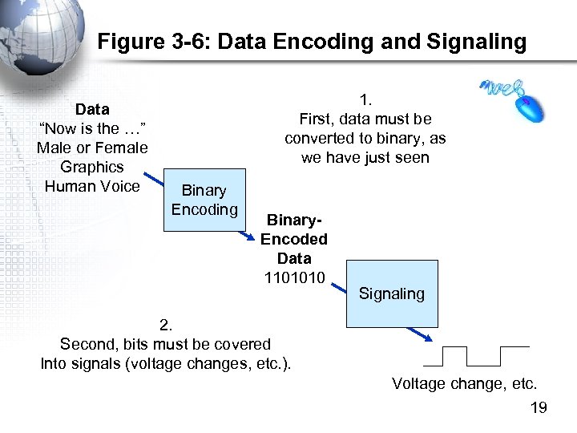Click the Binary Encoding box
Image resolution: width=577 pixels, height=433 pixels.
pos(204,200)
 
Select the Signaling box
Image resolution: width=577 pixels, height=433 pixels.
pos(392,293)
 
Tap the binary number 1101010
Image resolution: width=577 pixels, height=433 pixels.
pos(294,277)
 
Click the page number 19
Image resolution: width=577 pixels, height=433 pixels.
pos(539,409)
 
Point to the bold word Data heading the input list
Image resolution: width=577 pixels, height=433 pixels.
pos(92,109)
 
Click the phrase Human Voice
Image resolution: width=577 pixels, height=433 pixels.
pos(92,186)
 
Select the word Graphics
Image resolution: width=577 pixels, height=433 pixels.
pos(92,167)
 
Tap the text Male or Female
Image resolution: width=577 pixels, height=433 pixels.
pos(92,148)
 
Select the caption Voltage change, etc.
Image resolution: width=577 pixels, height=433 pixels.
pos(464,383)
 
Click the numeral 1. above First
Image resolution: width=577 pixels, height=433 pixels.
pos(365,99)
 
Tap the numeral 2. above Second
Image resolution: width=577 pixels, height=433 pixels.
pos(166,325)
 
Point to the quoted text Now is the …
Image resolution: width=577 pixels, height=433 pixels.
pos(92,128)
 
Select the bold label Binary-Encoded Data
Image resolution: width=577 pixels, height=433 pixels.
pos(294,239)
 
